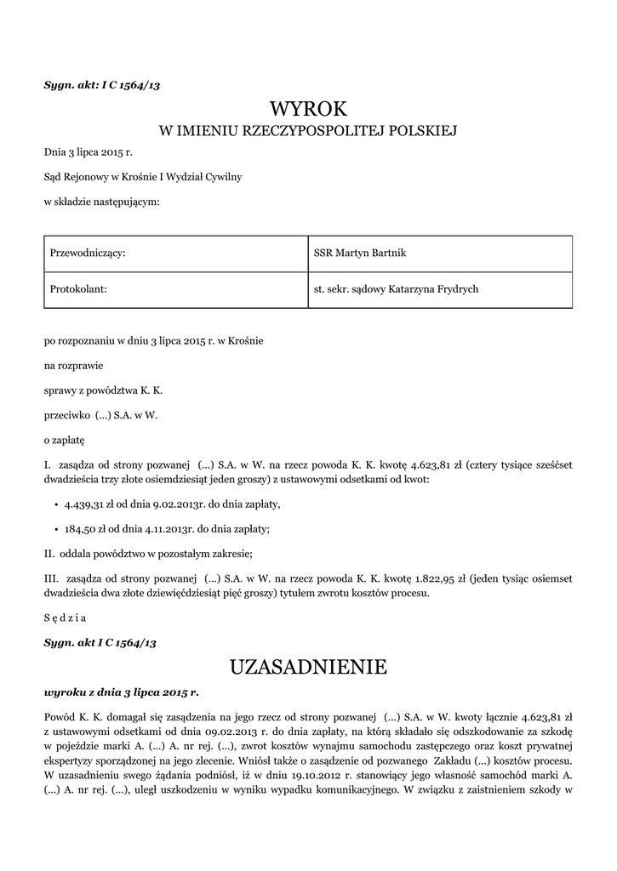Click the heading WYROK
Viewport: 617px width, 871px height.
coord(309,108)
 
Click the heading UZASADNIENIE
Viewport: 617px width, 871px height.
coord(308,667)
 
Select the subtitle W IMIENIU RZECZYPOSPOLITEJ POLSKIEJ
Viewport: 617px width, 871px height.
coord(309,131)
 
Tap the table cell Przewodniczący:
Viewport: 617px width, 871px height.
coord(174,253)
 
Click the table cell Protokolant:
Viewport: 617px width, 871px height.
coord(174,289)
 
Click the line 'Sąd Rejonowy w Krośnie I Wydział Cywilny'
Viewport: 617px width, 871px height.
coord(143,177)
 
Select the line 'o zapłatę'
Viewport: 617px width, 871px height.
coord(65,441)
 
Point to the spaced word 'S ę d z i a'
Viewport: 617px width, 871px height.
coord(66,618)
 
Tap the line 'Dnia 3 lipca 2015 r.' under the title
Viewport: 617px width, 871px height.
coord(89,152)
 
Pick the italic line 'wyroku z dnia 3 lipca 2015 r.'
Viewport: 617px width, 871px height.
coord(121,692)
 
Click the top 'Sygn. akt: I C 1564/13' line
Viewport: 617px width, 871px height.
coord(101,84)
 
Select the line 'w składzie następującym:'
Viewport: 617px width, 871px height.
coord(101,202)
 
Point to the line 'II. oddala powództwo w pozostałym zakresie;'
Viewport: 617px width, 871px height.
coord(148,554)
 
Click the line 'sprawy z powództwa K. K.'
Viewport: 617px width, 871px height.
coord(103,390)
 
